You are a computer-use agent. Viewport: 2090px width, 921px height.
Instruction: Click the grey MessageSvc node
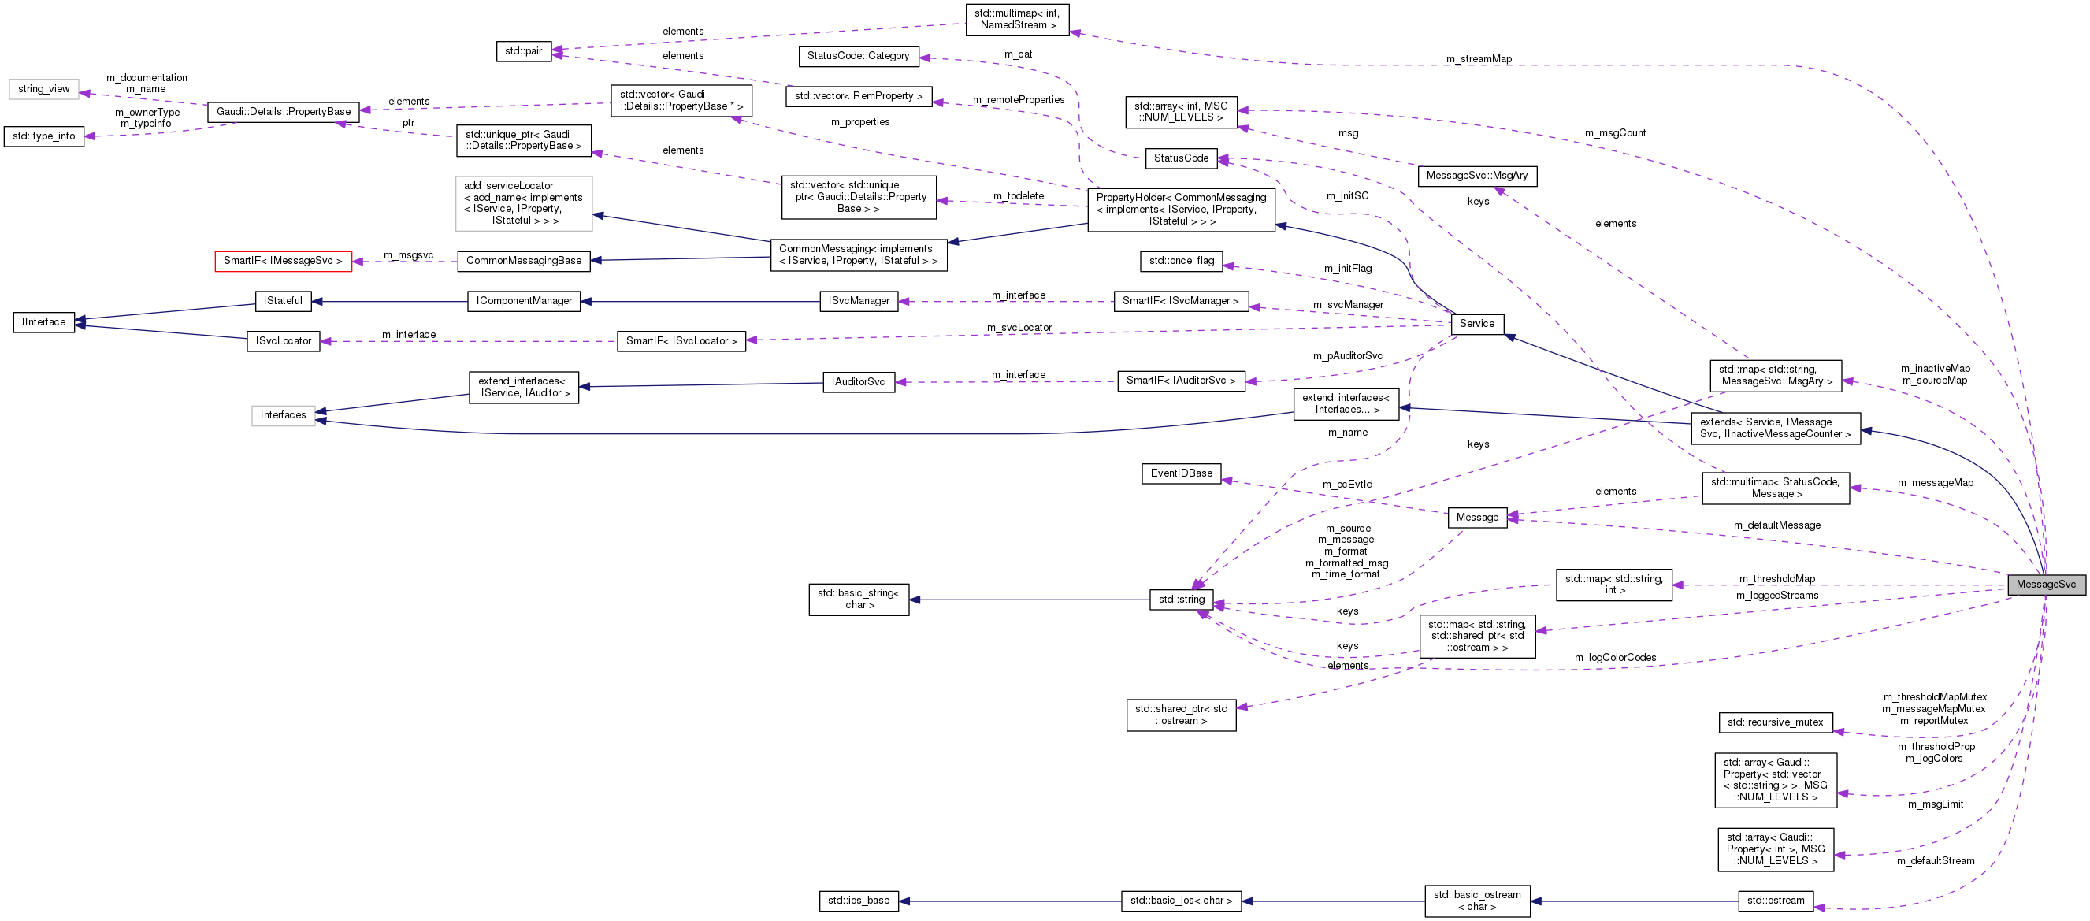tap(2045, 585)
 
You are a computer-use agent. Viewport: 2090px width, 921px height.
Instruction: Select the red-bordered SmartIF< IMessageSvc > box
tap(283, 262)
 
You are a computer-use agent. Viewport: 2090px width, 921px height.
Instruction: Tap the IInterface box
tap(44, 322)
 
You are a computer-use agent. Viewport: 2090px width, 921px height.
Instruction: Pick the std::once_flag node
tap(1182, 261)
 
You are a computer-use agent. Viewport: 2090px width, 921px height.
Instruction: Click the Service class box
tap(1476, 323)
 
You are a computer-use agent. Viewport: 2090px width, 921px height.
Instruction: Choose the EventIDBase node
tap(1182, 473)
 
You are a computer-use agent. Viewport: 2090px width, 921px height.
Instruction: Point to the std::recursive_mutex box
tap(1775, 722)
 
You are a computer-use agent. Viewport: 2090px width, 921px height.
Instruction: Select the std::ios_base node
tap(859, 901)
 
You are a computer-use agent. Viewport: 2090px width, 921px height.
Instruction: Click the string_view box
tap(44, 89)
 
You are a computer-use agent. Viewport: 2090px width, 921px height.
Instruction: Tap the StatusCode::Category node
tap(859, 56)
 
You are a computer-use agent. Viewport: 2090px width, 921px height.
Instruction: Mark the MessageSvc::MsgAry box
tap(1476, 175)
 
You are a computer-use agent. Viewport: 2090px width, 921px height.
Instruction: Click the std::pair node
tap(523, 51)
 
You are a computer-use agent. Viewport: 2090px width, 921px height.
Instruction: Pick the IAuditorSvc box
tap(859, 381)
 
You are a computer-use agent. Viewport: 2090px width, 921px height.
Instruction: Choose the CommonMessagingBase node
tap(524, 261)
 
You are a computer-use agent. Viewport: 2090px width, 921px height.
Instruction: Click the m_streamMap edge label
tap(1478, 59)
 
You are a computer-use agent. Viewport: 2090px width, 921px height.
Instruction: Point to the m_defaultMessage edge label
tap(1776, 525)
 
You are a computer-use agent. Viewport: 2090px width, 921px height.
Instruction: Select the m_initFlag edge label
tap(1348, 269)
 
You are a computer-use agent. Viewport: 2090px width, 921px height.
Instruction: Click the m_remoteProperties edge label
tap(1019, 100)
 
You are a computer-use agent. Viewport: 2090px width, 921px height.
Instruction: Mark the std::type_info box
tap(44, 136)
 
